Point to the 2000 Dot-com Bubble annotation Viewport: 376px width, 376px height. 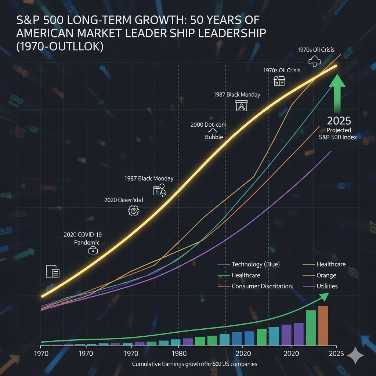(208, 131)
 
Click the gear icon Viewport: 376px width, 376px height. (133, 210)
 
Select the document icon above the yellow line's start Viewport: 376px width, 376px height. (53, 271)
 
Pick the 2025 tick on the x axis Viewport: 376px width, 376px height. (336, 354)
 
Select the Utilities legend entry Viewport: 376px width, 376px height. (327, 286)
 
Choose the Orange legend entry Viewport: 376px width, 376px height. (326, 275)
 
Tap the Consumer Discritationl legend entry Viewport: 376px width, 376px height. (262, 286)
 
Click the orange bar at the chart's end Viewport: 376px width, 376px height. (323, 325)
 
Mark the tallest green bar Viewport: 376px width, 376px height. (311, 328)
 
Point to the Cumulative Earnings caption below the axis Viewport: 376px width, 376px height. (194, 364)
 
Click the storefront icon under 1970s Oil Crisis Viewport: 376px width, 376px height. (279, 81)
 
